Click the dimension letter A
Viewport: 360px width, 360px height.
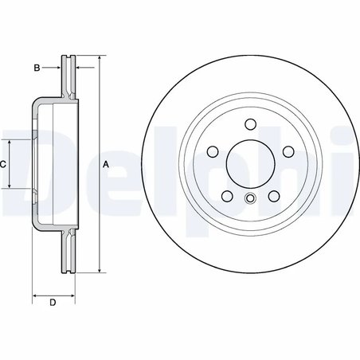pyautogui.click(x=107, y=164)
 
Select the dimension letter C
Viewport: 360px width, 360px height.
pyautogui.click(x=4, y=163)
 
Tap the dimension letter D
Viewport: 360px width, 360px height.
pyautogui.click(x=53, y=303)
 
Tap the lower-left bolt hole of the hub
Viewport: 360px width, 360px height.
pyautogui.click(x=227, y=195)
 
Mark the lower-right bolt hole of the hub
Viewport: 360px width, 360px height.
pyautogui.click(x=273, y=195)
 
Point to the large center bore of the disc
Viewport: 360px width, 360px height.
pyautogui.click(x=250, y=163)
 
